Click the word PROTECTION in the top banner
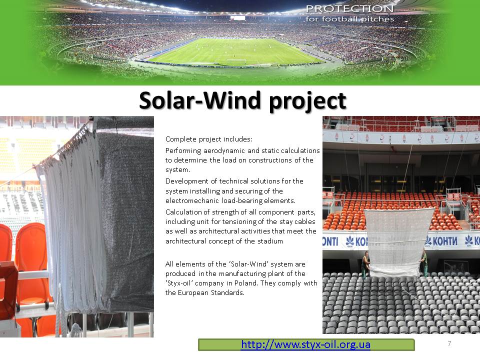(x=349, y=8)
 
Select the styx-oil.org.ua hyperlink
(x=305, y=344)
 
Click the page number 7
(x=449, y=343)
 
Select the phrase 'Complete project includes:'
(x=208, y=139)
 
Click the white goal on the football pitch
(x=236, y=61)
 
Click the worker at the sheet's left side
(x=365, y=264)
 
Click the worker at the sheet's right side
(x=424, y=262)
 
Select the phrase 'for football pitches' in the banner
(x=349, y=19)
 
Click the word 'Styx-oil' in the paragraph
(x=179, y=283)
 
